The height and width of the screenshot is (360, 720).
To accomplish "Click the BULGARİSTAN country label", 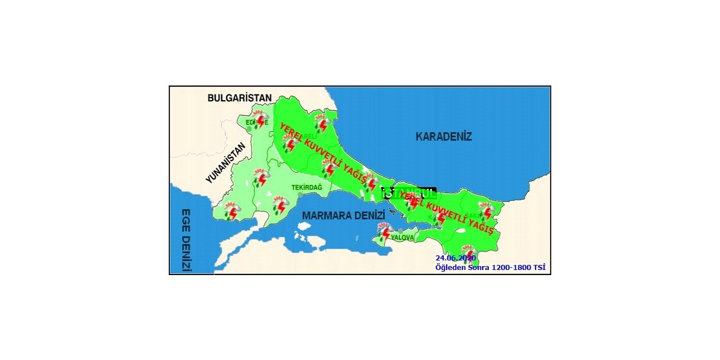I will pos(240,98).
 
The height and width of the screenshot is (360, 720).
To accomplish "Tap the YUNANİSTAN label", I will pos(226,163).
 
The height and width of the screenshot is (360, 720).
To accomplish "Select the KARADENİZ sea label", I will pos(444,137).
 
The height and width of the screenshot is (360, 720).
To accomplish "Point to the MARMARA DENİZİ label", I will pos(343,215).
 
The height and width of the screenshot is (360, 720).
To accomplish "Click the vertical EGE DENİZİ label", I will pos(186,240).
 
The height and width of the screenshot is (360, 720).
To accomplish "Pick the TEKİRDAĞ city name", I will pos(307,187).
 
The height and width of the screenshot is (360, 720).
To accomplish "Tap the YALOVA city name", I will pos(402,238).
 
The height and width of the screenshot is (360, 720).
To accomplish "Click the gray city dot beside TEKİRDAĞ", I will pos(300,195).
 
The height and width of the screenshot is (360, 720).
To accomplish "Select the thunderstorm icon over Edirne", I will pos(259,119).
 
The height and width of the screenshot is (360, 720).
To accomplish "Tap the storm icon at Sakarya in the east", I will pos(486,211).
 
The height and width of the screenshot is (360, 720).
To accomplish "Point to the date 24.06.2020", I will pos(456,258).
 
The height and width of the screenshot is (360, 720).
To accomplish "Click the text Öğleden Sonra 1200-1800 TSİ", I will pos(490,268).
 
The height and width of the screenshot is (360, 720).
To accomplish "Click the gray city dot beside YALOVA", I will pos(400,231).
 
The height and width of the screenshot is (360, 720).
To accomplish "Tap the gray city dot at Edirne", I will pos(249,129).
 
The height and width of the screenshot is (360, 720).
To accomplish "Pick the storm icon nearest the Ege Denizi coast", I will pos(231,211).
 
